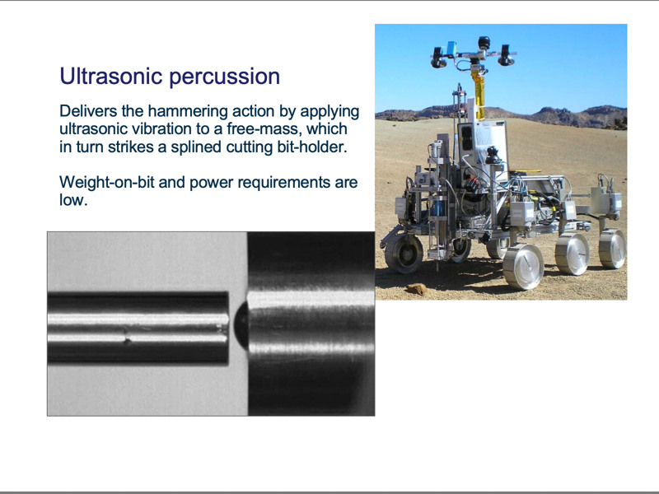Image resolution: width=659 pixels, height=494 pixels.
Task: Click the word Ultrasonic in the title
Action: pyautogui.click(x=111, y=76)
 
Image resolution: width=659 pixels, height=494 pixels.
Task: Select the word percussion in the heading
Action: pyautogui.click(x=224, y=77)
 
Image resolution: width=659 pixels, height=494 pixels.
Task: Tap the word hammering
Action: pyautogui.click(x=187, y=112)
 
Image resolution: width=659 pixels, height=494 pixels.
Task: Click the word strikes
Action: pyautogui.click(x=130, y=147)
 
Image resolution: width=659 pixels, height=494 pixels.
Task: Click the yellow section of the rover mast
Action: pyautogui.click(x=478, y=95)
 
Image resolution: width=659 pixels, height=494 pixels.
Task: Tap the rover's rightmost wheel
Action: pyautogui.click(x=612, y=249)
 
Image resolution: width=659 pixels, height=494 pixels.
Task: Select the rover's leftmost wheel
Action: pyautogui.click(x=404, y=253)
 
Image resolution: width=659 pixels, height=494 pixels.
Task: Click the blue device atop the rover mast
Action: pyautogui.click(x=451, y=49)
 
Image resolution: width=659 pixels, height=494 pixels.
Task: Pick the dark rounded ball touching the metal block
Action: pyautogui.click(x=241, y=325)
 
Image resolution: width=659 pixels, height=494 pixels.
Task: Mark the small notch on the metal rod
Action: pyautogui.click(x=127, y=338)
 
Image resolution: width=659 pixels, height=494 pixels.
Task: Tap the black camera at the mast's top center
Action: pyautogui.click(x=484, y=43)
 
